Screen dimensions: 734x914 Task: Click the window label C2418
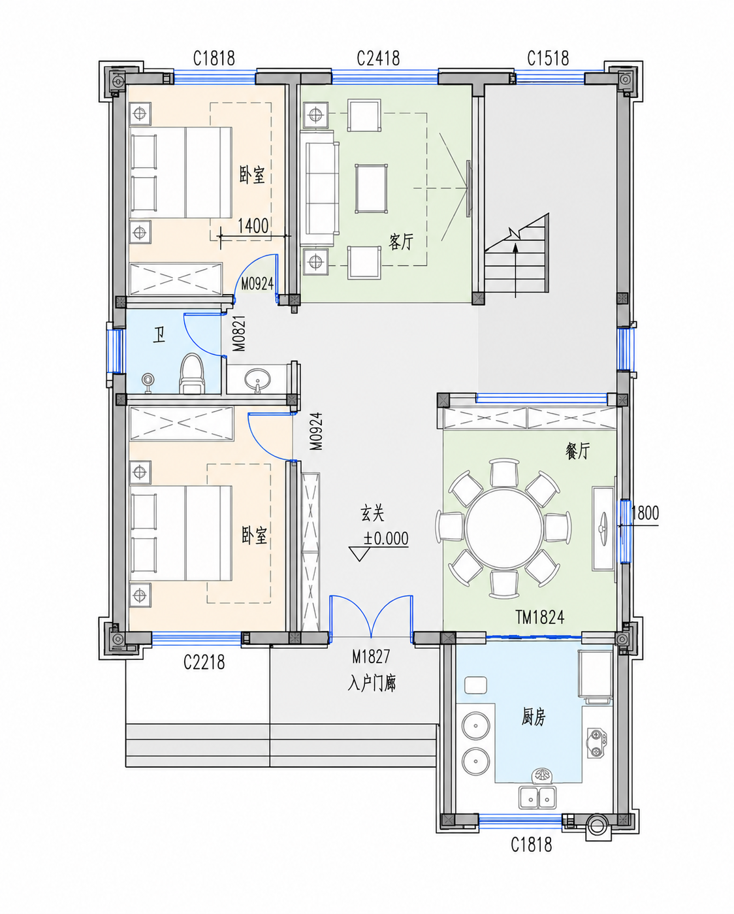(x=378, y=58)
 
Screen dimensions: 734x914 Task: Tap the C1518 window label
(x=548, y=58)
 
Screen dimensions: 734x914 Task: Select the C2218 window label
(x=204, y=662)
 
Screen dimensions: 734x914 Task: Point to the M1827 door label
(x=371, y=657)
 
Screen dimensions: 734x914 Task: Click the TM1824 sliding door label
(x=540, y=617)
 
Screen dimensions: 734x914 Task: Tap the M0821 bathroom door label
(x=239, y=333)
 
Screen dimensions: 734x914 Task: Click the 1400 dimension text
(x=253, y=225)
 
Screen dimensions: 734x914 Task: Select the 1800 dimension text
(x=645, y=513)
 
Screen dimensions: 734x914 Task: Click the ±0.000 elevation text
(x=385, y=538)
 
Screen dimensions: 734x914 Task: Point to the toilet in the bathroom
(x=191, y=374)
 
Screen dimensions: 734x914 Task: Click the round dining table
(x=503, y=529)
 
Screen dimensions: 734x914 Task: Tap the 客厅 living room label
(x=401, y=242)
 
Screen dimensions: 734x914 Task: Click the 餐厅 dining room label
(x=578, y=451)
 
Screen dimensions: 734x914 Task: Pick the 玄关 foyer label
(x=372, y=514)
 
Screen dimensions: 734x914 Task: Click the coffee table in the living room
(x=372, y=189)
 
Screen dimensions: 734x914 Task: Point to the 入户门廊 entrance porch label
(x=372, y=684)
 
